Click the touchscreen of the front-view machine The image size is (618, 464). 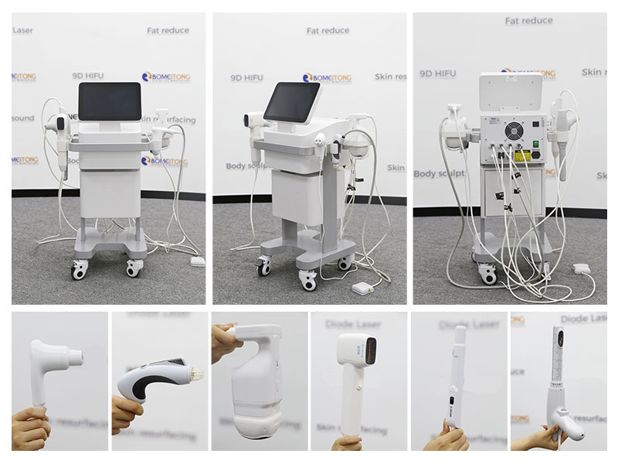click(x=110, y=103)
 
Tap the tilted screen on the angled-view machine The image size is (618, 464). click(x=293, y=101)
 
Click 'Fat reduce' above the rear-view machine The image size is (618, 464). click(x=529, y=21)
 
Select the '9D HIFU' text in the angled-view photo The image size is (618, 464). click(x=247, y=77)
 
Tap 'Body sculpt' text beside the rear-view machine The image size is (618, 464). click(x=439, y=174)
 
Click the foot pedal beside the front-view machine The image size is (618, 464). click(x=198, y=261)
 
